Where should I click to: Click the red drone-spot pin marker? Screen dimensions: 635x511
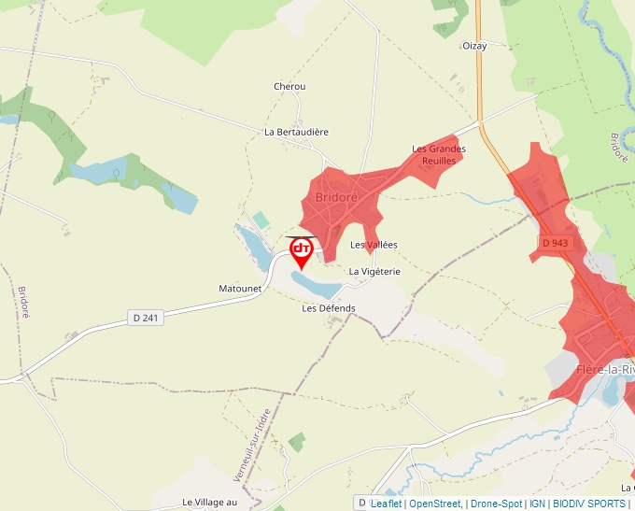(302, 251)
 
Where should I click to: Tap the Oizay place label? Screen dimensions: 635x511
(474, 45)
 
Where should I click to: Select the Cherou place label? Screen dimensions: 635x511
(289, 87)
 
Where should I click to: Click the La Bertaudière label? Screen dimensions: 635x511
(297, 132)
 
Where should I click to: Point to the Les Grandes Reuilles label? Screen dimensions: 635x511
(439, 154)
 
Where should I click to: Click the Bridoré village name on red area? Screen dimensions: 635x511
(337, 197)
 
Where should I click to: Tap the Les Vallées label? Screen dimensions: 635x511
(374, 245)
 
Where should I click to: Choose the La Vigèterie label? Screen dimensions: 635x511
(374, 271)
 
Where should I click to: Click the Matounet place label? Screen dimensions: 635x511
(240, 289)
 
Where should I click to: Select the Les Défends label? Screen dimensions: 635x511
(329, 307)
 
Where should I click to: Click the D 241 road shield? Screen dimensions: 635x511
(147, 319)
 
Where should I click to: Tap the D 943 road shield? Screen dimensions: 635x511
(555, 243)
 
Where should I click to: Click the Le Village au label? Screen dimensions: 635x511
(211, 502)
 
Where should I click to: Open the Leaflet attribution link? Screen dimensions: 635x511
(386, 504)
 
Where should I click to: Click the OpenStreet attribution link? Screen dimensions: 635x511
(434, 504)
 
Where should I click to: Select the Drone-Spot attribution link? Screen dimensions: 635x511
(496, 504)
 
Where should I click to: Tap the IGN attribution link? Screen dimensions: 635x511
(537, 504)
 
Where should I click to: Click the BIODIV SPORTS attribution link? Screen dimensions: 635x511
(589, 504)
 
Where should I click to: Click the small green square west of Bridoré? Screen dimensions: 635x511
(261, 220)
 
